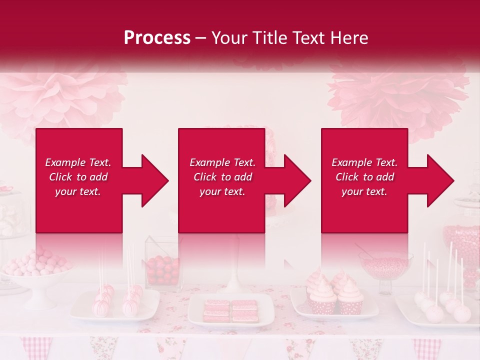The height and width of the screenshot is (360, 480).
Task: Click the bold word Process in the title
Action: (157, 38)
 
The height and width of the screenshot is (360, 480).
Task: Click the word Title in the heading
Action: (270, 38)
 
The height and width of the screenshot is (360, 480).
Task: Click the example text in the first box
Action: (78, 177)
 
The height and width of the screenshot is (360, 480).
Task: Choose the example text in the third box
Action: (364, 177)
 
